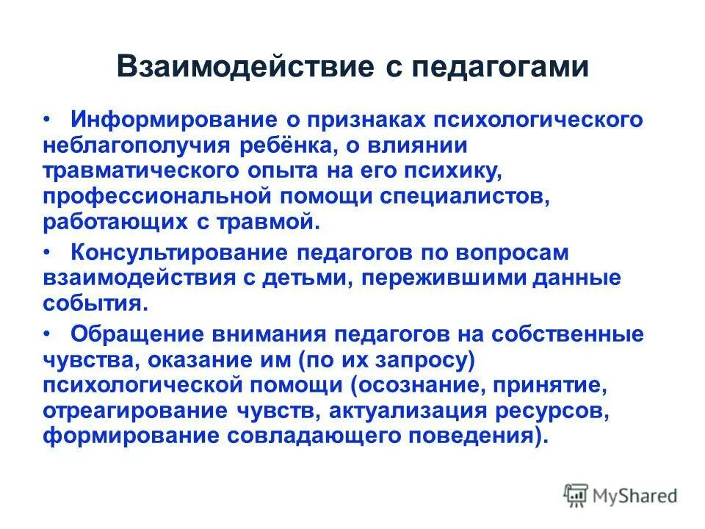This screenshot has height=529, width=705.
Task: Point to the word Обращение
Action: click(x=137, y=334)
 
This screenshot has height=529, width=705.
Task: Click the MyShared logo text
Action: click(x=635, y=495)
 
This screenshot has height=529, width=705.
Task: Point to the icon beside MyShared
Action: click(x=576, y=495)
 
